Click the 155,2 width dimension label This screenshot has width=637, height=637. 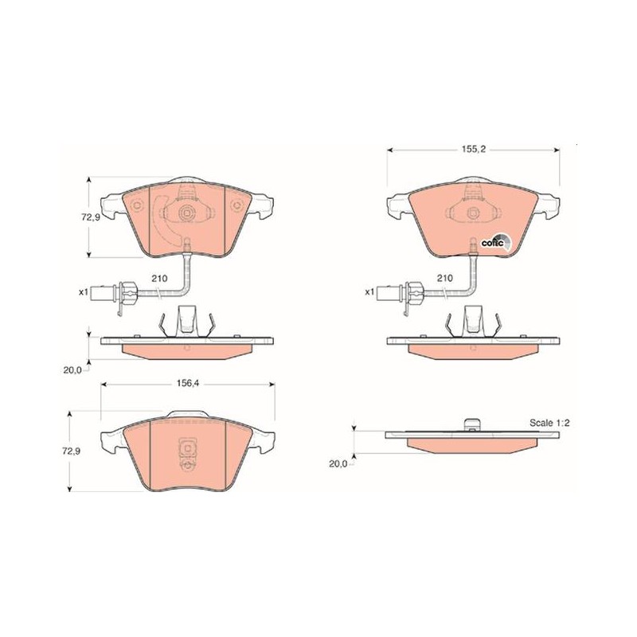pyautogui.click(x=473, y=149)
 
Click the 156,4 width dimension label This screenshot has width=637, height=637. pyautogui.click(x=187, y=383)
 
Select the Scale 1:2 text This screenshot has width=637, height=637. pyautogui.click(x=549, y=423)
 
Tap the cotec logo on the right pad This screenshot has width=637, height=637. pyautogui.click(x=494, y=243)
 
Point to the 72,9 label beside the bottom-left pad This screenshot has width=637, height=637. pyautogui.click(x=71, y=451)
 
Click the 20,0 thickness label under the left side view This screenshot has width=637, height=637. pyautogui.click(x=72, y=369)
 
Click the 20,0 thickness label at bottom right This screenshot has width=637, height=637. pyautogui.click(x=338, y=463)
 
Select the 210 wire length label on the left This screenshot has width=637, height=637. pyautogui.click(x=159, y=278)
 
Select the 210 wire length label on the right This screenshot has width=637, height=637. pyautogui.click(x=445, y=278)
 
